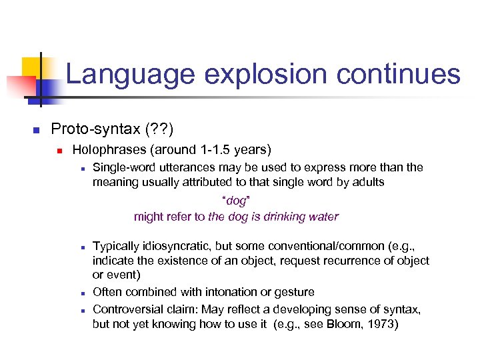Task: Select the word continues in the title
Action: pyautogui.click(x=398, y=75)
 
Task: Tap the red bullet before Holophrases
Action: pyautogui.click(x=58, y=151)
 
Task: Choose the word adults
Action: pyautogui.click(x=367, y=182)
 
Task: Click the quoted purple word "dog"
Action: pyautogui.click(x=236, y=200)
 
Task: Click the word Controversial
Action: pyautogui.click(x=127, y=309)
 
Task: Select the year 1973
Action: pyautogui.click(x=385, y=324)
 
